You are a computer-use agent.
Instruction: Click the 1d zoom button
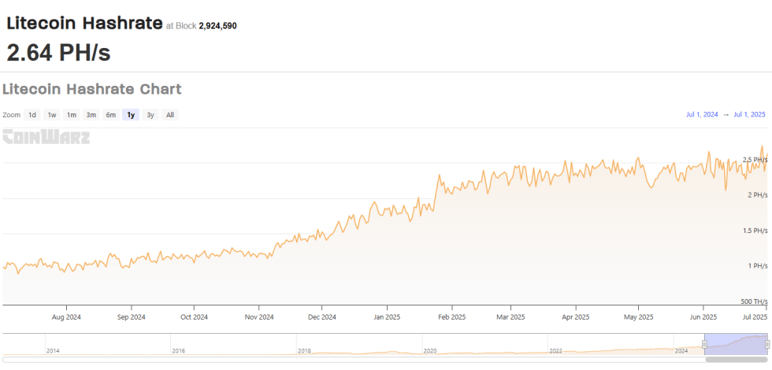(x=32, y=115)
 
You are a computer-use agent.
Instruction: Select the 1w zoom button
(x=52, y=115)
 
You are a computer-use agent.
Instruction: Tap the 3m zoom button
(x=91, y=115)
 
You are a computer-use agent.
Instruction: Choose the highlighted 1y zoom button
(x=131, y=115)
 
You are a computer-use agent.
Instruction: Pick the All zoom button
(x=170, y=115)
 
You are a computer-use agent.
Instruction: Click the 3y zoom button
(x=150, y=115)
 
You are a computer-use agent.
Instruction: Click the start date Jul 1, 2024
(x=702, y=115)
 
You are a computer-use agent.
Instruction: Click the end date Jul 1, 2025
(x=749, y=115)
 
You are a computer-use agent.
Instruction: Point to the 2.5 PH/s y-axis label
(x=755, y=159)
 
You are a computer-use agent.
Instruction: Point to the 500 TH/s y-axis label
(x=754, y=302)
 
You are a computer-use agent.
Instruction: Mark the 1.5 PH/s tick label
(x=755, y=231)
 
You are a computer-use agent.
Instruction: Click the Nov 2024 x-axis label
(x=258, y=317)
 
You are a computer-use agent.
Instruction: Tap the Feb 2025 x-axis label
(x=452, y=317)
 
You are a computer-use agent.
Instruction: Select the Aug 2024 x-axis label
(x=66, y=317)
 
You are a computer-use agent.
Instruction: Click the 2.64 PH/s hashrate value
(x=58, y=53)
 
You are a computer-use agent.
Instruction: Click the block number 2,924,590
(x=217, y=26)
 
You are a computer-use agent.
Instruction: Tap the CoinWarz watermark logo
(x=46, y=137)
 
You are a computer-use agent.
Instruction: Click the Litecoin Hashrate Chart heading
(x=92, y=89)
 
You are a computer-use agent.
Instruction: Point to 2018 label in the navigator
(x=305, y=350)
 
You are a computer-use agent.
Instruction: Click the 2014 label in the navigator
(x=53, y=350)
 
